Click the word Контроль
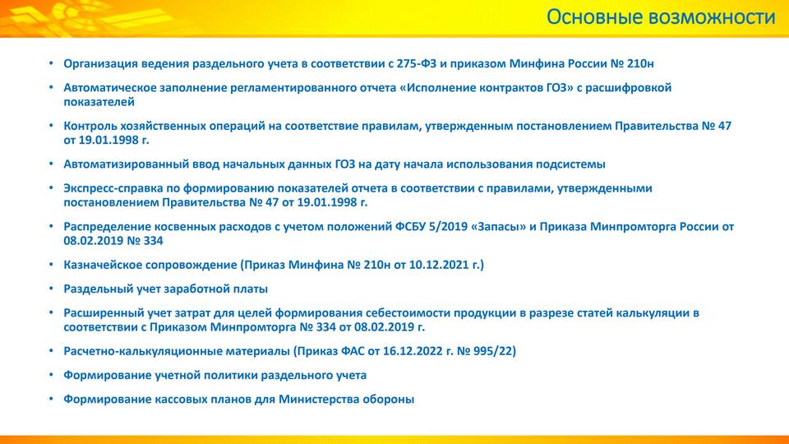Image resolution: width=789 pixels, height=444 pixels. (89, 126)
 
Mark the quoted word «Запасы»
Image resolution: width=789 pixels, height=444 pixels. (498, 227)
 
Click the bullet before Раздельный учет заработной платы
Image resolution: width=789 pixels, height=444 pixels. (51, 289)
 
